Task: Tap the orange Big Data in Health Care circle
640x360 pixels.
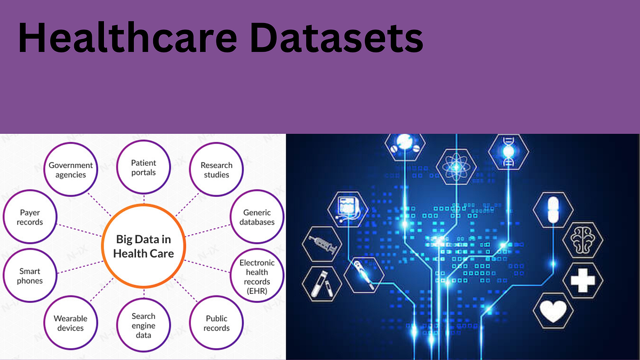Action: (145, 246)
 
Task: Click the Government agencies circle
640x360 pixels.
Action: (71, 170)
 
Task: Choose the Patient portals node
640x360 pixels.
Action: (143, 167)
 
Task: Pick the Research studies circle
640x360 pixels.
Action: (216, 170)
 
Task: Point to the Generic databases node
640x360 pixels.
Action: (257, 217)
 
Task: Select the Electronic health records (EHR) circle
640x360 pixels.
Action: (257, 276)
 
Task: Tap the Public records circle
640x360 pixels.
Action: (217, 323)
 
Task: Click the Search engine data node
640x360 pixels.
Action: (143, 325)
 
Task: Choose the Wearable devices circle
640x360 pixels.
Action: (70, 323)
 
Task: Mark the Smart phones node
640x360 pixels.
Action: (30, 276)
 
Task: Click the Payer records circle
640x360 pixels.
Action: (30, 217)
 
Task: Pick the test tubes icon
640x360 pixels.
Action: (323, 283)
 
